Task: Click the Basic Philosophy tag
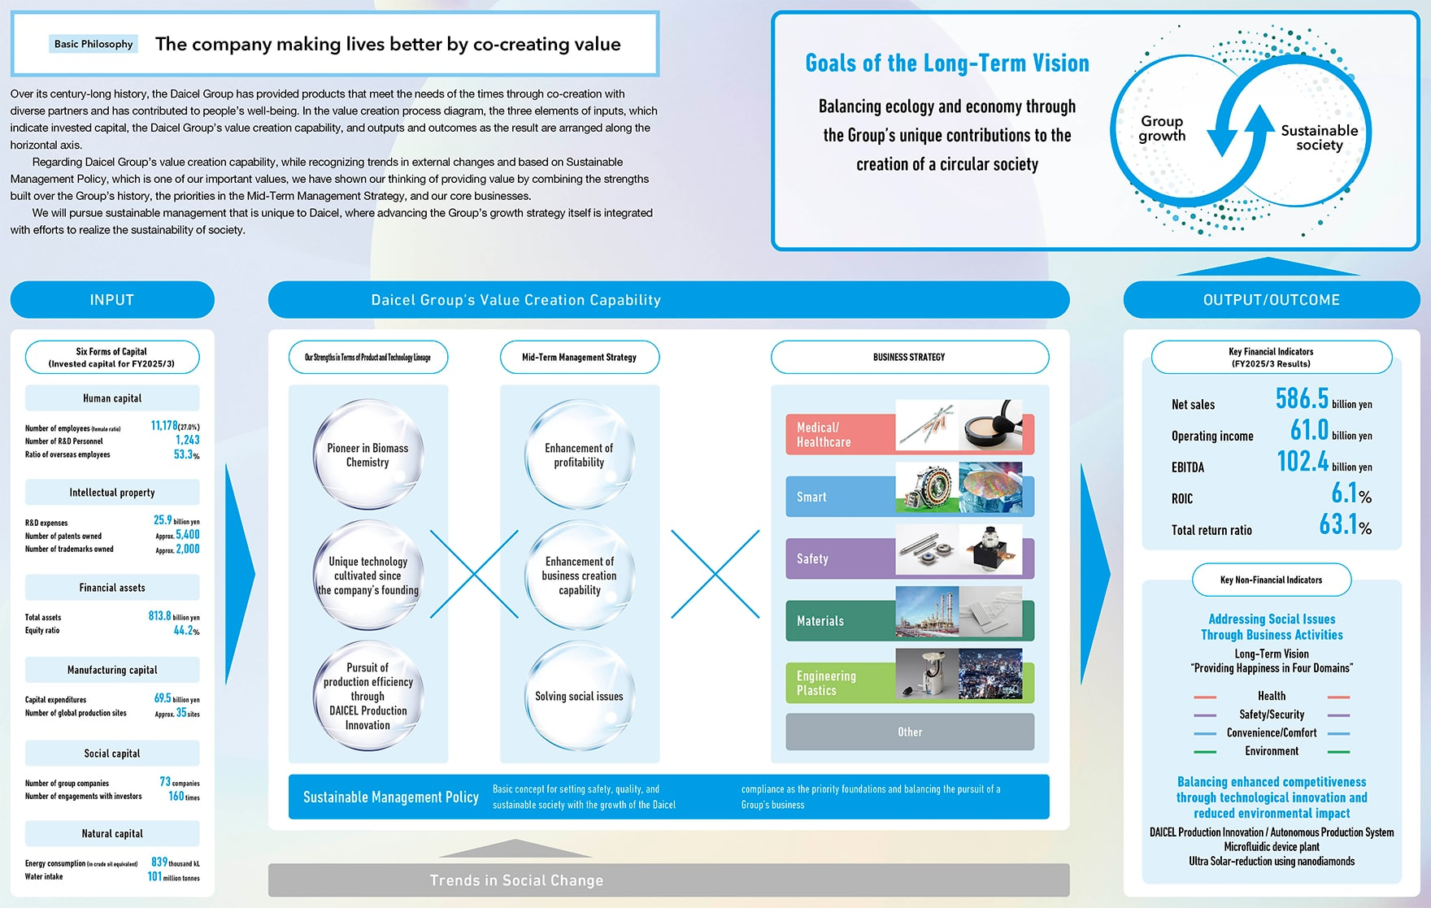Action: pyautogui.click(x=94, y=44)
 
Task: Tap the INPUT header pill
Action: pyautogui.click(x=112, y=300)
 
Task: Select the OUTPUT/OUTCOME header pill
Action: pyautogui.click(x=1271, y=300)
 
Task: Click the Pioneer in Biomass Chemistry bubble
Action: pyautogui.click(x=368, y=455)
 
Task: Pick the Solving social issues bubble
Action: pyautogui.click(x=579, y=697)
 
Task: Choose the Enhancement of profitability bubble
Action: pyautogui.click(x=579, y=455)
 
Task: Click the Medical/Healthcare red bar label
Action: pyautogui.click(x=824, y=435)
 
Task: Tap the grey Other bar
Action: pyautogui.click(x=910, y=732)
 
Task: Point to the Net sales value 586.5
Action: pyautogui.click(x=1301, y=398)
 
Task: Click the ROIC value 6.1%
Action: pyautogui.click(x=1351, y=493)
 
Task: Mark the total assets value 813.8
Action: pyautogui.click(x=159, y=616)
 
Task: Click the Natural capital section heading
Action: pyautogui.click(x=112, y=834)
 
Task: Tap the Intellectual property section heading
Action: pyautogui.click(x=112, y=493)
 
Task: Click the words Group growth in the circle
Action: pyautogui.click(x=1162, y=128)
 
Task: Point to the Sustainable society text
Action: pyautogui.click(x=1319, y=137)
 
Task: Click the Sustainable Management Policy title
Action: pyautogui.click(x=390, y=797)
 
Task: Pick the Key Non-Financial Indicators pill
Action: pyautogui.click(x=1271, y=580)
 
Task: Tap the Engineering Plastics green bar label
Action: pyautogui.click(x=827, y=683)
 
